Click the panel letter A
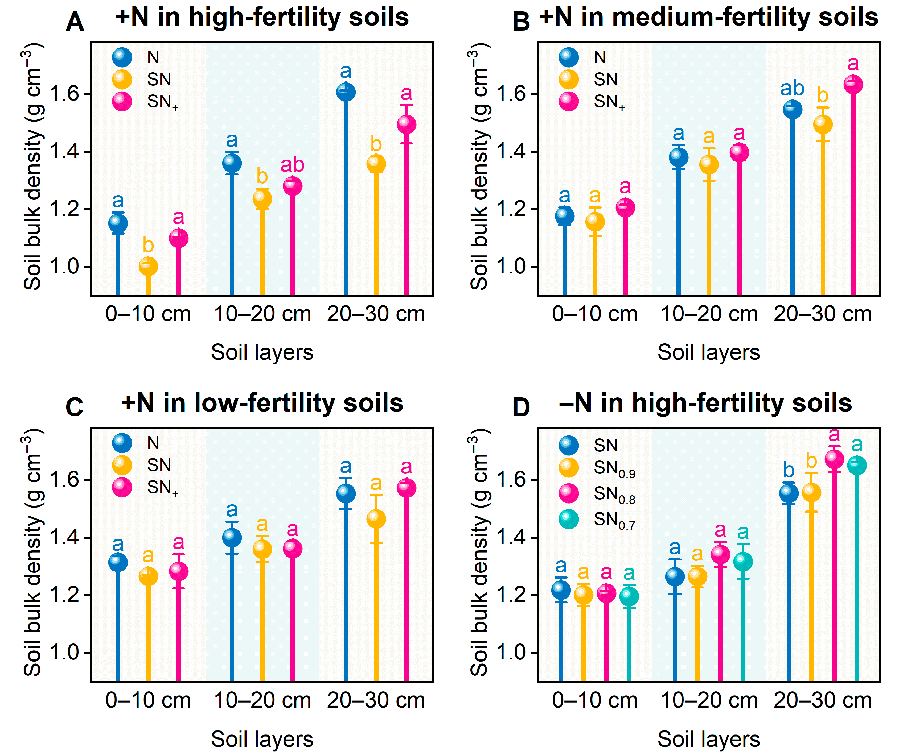75,22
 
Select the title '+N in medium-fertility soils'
709,18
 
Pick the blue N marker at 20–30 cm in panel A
346,92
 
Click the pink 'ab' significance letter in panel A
293,165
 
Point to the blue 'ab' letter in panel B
792,89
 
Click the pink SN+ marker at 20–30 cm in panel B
853,84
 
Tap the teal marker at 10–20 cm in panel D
743,562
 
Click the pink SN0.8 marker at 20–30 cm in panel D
834,459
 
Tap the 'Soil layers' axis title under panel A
262,352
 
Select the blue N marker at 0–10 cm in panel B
564,215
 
